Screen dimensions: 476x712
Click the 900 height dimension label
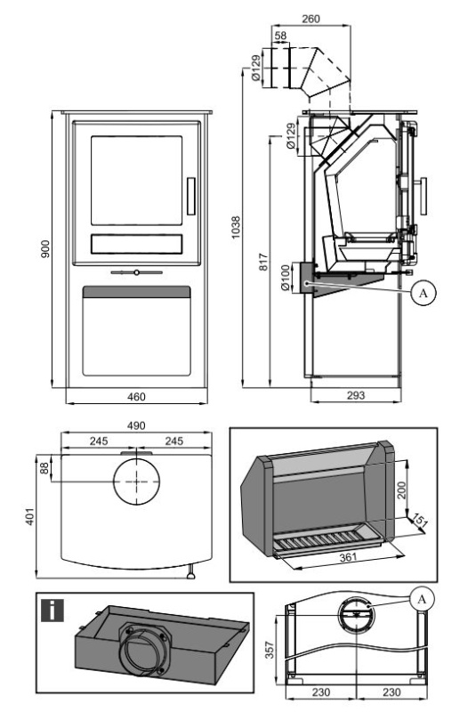pyautogui.click(x=45, y=249)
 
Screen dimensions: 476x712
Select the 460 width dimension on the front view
pyautogui.click(x=136, y=397)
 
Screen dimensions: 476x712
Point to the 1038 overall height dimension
pyautogui.click(x=236, y=228)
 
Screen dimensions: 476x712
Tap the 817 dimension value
pyautogui.click(x=263, y=262)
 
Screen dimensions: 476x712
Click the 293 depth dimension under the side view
pyautogui.click(x=356, y=395)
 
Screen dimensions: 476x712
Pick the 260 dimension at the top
pyautogui.click(x=311, y=19)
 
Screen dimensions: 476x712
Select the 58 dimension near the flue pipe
pyautogui.click(x=280, y=35)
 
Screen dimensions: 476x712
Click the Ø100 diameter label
pyautogui.click(x=285, y=278)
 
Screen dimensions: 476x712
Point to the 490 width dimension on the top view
pyautogui.click(x=136, y=425)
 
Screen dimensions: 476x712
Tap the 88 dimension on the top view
pyautogui.click(x=44, y=468)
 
